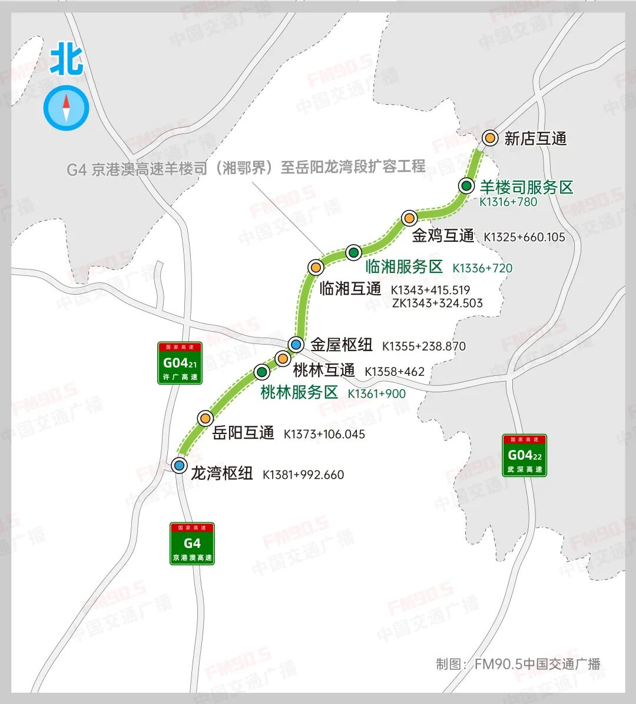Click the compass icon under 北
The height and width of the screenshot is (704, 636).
pos(67,108)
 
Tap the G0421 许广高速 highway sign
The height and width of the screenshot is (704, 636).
pos(180,363)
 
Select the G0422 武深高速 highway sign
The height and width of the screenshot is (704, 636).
pos(524,455)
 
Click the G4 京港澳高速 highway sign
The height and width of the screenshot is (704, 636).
pos(192,543)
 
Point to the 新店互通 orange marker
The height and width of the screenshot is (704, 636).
pos(490,138)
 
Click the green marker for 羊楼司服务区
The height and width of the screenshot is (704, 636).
pos(466,186)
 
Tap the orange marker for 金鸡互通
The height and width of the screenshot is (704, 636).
pos(409,218)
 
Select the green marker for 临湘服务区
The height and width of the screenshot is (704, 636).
pos(353,253)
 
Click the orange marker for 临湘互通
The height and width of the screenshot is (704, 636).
pos(316,267)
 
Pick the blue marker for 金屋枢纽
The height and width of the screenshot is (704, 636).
pos(296,344)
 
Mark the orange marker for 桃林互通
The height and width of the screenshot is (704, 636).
pos(283,358)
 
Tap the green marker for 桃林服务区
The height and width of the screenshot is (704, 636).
pos(262,372)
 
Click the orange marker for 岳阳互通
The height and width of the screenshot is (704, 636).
pos(205,418)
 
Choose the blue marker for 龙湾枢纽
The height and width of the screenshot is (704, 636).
pos(179,465)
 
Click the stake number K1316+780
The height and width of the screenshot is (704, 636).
pos(508,202)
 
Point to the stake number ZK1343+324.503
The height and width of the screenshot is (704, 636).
pos(437,303)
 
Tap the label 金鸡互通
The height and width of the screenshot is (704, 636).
pos(443,236)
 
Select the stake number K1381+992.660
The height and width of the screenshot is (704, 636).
pos(303,475)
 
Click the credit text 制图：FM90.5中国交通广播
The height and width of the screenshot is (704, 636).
pos(518,664)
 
